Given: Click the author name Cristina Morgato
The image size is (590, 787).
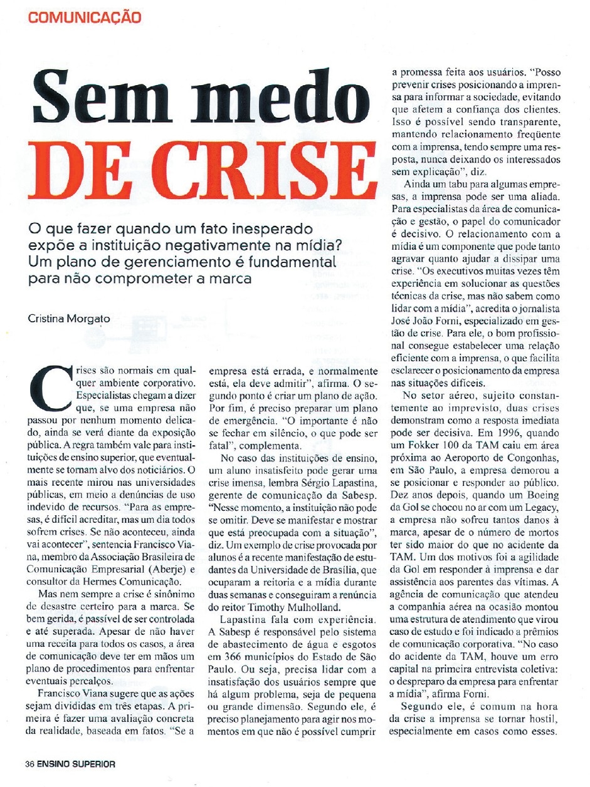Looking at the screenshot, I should (x=69, y=319).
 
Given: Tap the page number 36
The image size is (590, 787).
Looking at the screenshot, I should (x=29, y=764).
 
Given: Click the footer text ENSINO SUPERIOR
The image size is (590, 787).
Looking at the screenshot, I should (x=75, y=764).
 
